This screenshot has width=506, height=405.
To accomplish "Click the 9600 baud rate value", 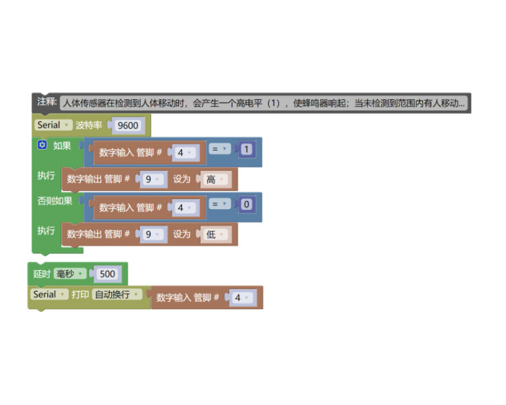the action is [x=128, y=126].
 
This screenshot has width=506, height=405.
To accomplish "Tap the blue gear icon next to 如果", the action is [x=42, y=144].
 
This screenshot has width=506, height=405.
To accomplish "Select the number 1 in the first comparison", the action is [x=246, y=149].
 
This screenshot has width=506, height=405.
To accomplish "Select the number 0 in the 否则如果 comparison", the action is [x=246, y=204].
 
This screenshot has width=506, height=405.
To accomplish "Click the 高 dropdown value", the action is [x=216, y=180].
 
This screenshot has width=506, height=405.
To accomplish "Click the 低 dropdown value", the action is [x=216, y=234].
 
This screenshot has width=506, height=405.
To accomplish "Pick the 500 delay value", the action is [x=107, y=274].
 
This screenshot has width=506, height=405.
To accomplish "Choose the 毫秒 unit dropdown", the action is [x=69, y=274].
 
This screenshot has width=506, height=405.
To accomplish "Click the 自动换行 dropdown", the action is [x=117, y=294].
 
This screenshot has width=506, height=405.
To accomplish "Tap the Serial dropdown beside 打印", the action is [x=49, y=294].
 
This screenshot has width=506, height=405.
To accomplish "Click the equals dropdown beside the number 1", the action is [x=220, y=148].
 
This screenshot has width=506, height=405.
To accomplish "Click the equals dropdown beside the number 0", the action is [x=220, y=204].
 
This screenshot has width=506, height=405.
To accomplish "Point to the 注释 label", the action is [x=47, y=102].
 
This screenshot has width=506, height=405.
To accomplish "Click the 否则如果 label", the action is [x=55, y=201].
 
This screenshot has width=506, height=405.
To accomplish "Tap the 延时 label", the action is [x=42, y=274].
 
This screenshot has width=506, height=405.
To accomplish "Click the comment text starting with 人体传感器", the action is [x=264, y=103].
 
